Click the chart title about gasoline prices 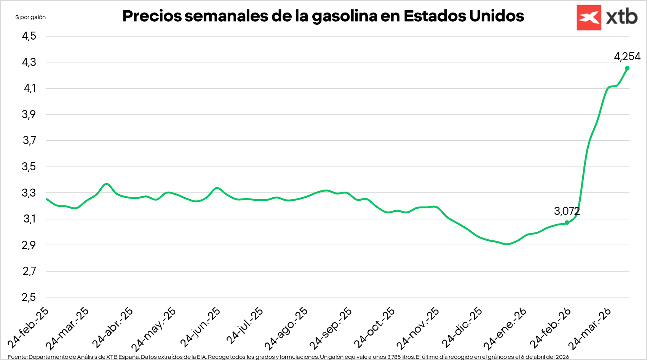pyautogui.click(x=323, y=16)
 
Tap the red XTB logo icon pyautogui.click(x=588, y=18)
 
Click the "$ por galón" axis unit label pyautogui.click(x=30, y=17)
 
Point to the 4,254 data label pyautogui.click(x=627, y=57)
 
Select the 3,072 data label pyautogui.click(x=567, y=211)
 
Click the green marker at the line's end pyautogui.click(x=627, y=68)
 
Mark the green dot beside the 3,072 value pyautogui.click(x=567, y=222)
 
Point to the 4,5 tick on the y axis pyautogui.click(x=29, y=36)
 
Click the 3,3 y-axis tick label pyautogui.click(x=29, y=193)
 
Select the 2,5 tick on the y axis pyautogui.click(x=29, y=297)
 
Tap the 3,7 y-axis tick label pyautogui.click(x=29, y=141)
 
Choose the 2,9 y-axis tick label pyautogui.click(x=29, y=245)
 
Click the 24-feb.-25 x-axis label pyautogui.click(x=29, y=328)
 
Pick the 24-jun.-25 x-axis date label pyautogui.click(x=200, y=327)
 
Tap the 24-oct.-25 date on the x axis pyautogui.click(x=375, y=327)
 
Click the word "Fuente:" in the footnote pyautogui.click(x=17, y=357)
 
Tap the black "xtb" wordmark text pyautogui.click(x=622, y=18)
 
